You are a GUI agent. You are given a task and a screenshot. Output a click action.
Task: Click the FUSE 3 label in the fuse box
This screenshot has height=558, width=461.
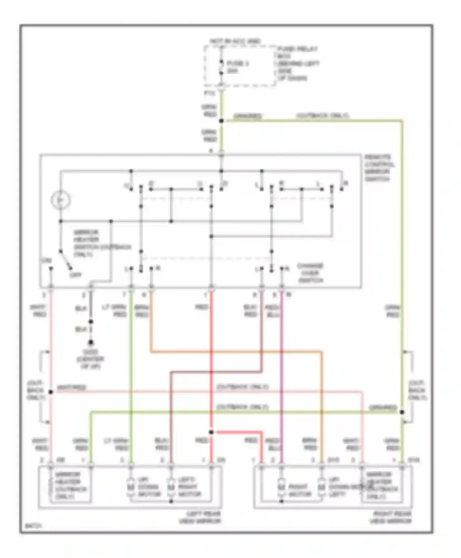click(237, 64)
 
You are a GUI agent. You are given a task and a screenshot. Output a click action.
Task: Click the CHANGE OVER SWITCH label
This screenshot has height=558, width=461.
click(310, 273)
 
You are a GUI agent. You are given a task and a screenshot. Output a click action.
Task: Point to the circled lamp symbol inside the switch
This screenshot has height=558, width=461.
click(61, 200)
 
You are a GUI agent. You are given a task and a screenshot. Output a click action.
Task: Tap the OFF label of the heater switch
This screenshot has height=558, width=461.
click(75, 275)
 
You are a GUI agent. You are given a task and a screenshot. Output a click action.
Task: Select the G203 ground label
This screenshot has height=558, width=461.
click(90, 359)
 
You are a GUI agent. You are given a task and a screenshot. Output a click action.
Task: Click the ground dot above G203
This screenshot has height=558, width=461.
click(91, 342)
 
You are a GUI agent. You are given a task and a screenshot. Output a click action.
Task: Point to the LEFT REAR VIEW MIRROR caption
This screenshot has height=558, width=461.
click(200, 517)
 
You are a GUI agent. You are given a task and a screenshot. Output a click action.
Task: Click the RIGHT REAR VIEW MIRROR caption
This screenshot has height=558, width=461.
click(390, 517)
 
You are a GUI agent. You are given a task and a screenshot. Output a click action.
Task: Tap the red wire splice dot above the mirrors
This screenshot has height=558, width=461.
click(211, 432)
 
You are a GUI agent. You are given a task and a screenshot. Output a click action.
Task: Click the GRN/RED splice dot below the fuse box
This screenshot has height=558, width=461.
click(221, 121)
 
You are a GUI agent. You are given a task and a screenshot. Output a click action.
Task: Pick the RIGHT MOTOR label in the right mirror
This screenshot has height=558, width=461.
click(299, 491)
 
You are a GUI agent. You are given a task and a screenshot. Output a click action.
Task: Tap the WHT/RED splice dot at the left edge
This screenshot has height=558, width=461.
click(51, 392)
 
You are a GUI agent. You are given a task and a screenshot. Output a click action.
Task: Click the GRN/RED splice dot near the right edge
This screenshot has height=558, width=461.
click(402, 412)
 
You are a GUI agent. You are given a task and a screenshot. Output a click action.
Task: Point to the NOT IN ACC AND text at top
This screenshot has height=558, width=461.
click(235, 41)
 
